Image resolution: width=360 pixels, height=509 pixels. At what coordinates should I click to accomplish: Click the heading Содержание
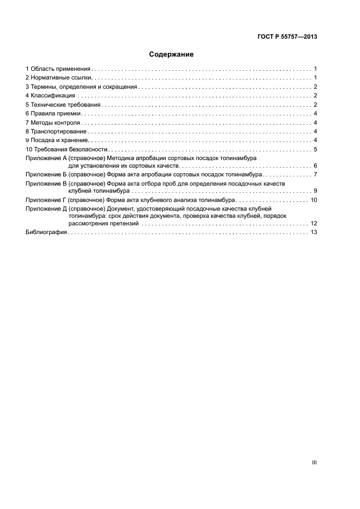pos(172,54)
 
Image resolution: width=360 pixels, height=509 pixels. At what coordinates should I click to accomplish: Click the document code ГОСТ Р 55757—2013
pos(287,37)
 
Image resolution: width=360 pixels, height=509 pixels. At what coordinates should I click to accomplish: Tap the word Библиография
pos(46,232)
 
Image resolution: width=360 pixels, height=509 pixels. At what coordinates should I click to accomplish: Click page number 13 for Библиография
pos(314,232)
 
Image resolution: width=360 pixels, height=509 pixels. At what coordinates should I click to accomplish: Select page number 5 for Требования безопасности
pos(315,149)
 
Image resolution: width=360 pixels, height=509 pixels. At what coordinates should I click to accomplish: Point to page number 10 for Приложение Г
pos(314,200)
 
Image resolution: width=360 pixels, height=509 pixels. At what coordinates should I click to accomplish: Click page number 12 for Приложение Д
pos(314,224)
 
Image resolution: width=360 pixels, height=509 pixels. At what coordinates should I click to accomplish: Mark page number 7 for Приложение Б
pos(315,174)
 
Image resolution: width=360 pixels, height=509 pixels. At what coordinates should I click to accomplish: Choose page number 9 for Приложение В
pos(315,191)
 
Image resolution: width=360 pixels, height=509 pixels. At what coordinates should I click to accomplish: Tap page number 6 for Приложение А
pos(315,165)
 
